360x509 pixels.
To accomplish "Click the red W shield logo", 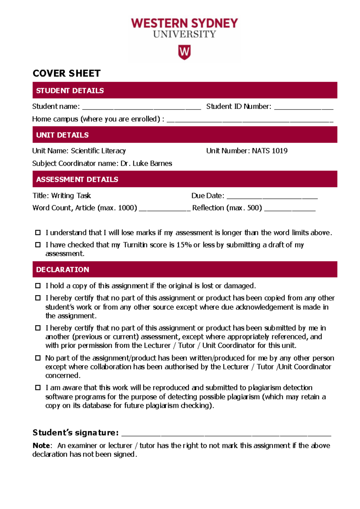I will [184, 52].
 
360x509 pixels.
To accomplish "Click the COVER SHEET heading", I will [66, 73].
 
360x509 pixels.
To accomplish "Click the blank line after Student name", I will [141, 107].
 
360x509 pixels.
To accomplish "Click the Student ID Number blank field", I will [303, 107].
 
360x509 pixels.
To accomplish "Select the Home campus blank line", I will [250, 120].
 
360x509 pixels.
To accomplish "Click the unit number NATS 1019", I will [269, 151].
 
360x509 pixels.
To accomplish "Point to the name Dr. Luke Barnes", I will [146, 164].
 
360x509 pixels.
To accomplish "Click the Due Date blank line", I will [272, 197].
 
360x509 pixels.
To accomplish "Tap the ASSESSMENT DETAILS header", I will [77, 179].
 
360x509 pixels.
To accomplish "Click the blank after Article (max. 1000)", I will [164, 209].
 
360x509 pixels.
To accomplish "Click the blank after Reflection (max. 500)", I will [289, 209].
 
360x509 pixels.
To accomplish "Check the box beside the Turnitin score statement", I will [38, 245].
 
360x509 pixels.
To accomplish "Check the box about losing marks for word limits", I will [38, 233].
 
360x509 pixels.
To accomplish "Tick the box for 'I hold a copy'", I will [38, 286].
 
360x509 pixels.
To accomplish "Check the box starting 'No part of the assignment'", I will [38, 358].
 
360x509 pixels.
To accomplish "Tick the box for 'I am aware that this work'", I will [38, 388].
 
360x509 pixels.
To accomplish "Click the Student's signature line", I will [226, 433].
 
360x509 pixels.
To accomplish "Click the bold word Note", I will [41, 446].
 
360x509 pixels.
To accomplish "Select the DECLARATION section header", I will [62, 270].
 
